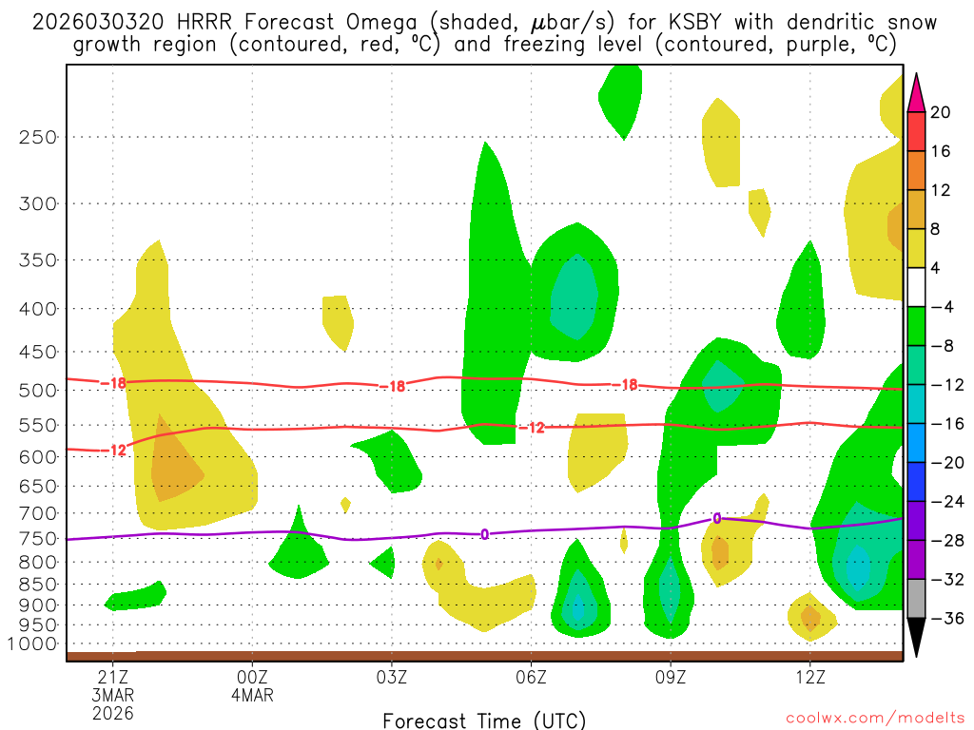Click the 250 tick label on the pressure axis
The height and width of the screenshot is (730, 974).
(39, 137)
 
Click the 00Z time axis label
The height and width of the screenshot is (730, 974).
(252, 677)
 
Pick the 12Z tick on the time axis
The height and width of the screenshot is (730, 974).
(809, 677)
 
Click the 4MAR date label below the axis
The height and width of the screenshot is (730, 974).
(252, 695)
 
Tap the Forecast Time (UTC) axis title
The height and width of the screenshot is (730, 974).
(484, 720)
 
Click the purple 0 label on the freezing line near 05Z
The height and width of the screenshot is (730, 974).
(484, 534)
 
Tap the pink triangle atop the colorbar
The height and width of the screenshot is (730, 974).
(916, 92)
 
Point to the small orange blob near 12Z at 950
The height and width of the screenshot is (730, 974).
(810, 618)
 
